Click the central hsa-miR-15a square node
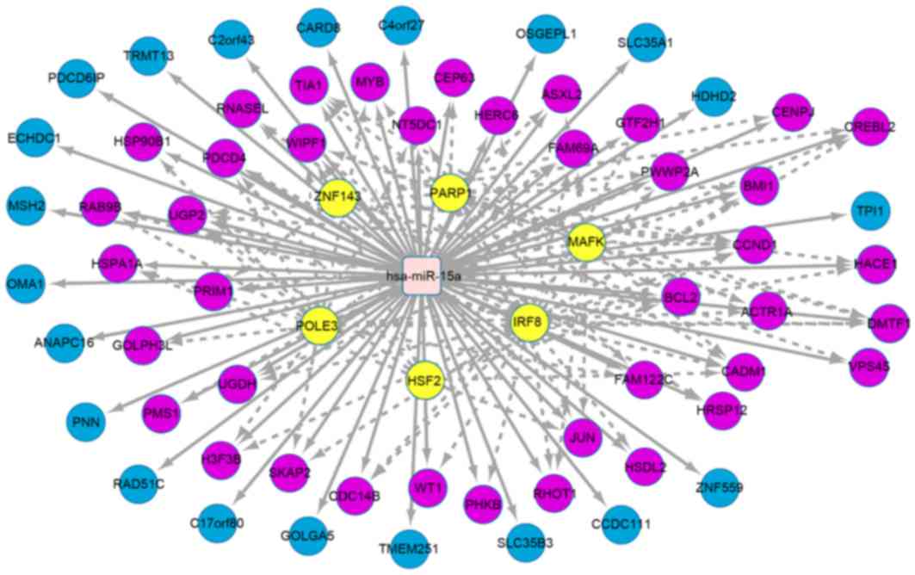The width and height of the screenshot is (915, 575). click(x=422, y=275)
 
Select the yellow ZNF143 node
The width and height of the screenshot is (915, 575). click(x=337, y=195)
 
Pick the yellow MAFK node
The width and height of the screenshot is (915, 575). click(x=586, y=243)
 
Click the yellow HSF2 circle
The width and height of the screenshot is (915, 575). click(x=424, y=380)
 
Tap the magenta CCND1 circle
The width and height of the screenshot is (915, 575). click(x=754, y=245)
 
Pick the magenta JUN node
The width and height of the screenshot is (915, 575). click(x=583, y=437)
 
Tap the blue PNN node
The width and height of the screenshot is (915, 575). click(x=87, y=422)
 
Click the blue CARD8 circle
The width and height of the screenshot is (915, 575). click(x=318, y=28)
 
